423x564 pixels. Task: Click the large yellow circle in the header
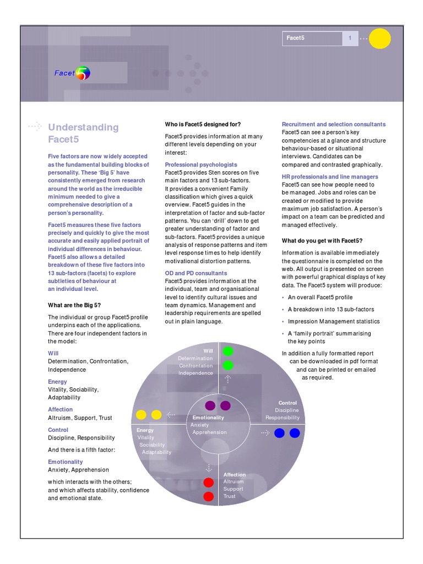pos(380,39)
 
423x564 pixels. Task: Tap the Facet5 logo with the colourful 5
pos(72,73)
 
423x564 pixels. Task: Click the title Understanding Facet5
pos(83,133)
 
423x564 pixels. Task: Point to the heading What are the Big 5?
pos(74,305)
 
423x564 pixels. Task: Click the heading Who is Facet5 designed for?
pos(203,124)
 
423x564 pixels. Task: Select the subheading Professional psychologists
pos(201,165)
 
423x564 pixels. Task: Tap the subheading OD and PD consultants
pos(196,273)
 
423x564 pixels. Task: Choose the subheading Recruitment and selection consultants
pos(333,124)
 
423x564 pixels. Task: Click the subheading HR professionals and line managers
pos(330,176)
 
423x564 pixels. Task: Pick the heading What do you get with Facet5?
pos(322,241)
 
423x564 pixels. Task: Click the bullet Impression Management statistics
pos(334,321)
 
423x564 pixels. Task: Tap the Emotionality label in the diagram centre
pos(208,417)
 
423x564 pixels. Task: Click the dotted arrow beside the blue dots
pos(265,433)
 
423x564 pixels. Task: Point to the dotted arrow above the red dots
pos(209,468)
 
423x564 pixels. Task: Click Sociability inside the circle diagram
pos(152,444)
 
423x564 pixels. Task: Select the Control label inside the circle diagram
pos(288,403)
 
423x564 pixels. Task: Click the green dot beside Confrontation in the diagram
pos(227,365)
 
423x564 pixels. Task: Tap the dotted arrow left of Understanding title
pos(35,126)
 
